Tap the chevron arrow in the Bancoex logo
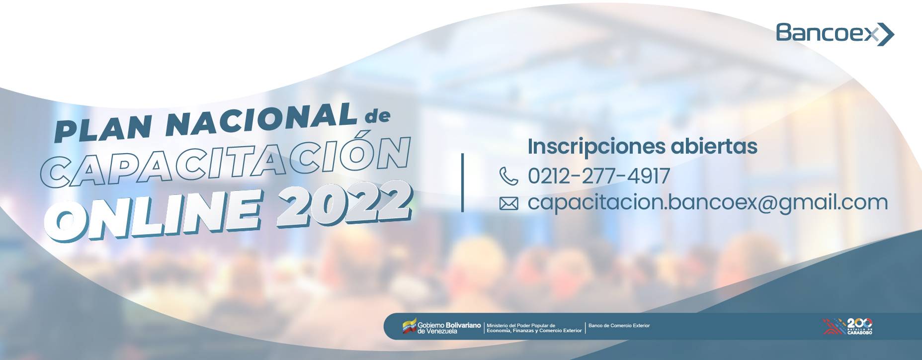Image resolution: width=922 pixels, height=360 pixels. tap(885, 34)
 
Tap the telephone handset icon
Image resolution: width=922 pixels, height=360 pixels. tap(508, 176)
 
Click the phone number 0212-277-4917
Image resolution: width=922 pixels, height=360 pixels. tap(599, 176)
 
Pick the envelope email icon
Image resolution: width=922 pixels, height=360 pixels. tap(508, 203)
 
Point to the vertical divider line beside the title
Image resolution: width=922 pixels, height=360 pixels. tap(463, 182)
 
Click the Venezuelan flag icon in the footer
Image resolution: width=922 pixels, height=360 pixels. tap(409, 326)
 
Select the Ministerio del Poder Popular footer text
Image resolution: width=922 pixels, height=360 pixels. tap(534, 328)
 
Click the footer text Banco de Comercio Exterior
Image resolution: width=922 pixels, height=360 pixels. tap(619, 326)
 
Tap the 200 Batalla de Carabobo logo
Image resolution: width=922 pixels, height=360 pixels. tap(847, 326)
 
